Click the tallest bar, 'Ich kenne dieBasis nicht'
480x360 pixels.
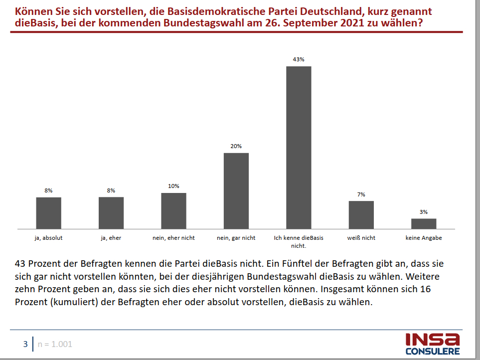[x=299, y=147]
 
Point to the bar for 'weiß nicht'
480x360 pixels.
[x=361, y=215]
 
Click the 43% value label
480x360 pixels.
[x=299, y=59]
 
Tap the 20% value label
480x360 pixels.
[x=236, y=146]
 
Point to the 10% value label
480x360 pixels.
[x=173, y=186]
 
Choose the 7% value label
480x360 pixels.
[x=361, y=194]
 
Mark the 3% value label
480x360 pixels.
[x=424, y=212]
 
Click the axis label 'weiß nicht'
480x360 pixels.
[x=361, y=238]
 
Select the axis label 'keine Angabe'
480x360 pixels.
[x=424, y=238]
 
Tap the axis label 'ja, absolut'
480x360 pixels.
[x=48, y=238]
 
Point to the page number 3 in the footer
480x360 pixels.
[x=25, y=344]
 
